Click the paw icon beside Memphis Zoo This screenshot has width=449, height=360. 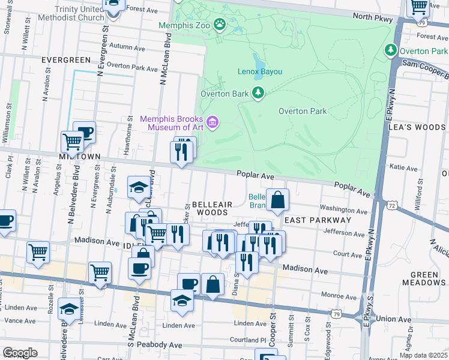[220, 25]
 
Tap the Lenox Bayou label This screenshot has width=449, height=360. [259, 72]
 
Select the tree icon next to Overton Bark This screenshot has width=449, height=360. [258, 93]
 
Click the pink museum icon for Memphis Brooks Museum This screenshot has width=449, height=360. [212, 124]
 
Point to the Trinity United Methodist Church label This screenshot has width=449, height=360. [70, 13]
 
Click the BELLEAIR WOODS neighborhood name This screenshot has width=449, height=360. [209, 208]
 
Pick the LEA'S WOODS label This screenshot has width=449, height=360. [425, 127]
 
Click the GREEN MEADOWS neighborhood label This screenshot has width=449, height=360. [424, 278]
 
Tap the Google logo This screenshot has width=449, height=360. [19, 353]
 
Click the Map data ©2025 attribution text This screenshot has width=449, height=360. [423, 355]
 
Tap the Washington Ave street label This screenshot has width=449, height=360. [343, 209]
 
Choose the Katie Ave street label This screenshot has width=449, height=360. [403, 167]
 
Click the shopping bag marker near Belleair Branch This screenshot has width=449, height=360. [278, 201]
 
